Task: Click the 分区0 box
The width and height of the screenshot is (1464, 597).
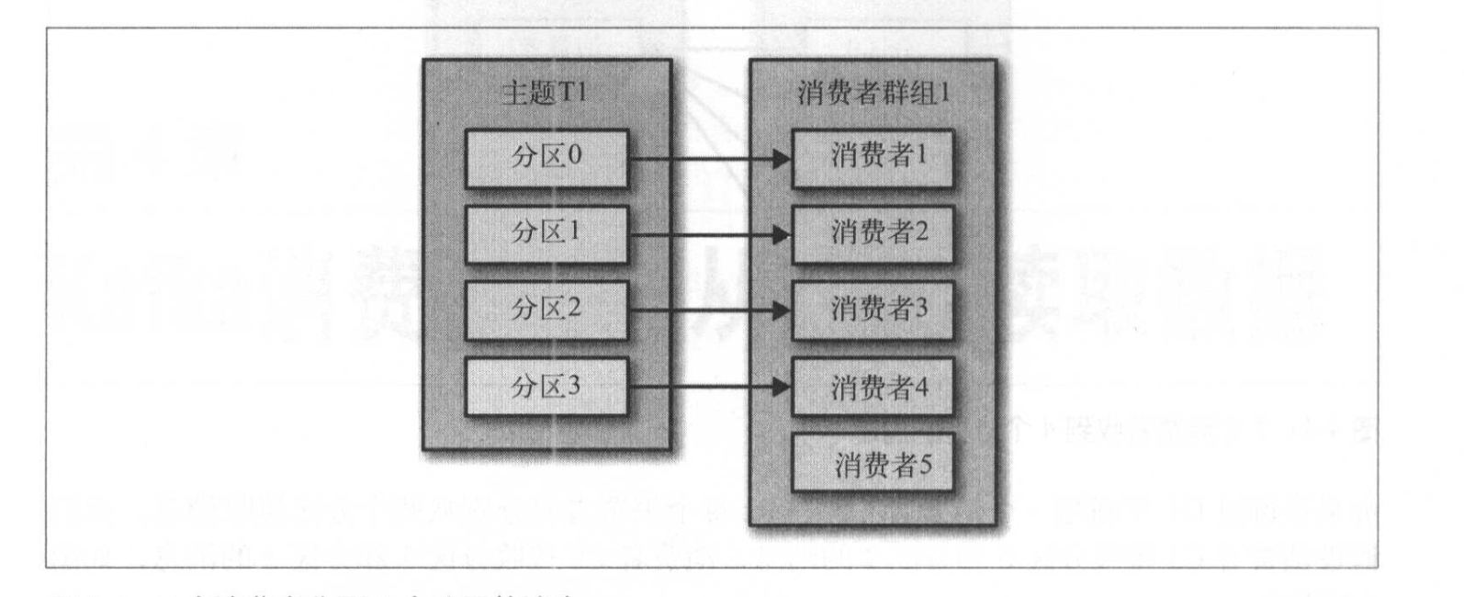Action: point(546,158)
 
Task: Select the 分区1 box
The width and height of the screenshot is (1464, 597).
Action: point(546,234)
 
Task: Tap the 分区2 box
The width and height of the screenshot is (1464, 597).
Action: point(546,310)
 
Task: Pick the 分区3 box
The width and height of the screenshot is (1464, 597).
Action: point(546,387)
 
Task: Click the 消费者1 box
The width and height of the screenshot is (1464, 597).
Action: point(873,158)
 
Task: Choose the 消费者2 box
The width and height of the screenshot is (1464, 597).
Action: point(873,234)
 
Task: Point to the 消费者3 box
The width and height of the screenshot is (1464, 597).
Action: point(873,310)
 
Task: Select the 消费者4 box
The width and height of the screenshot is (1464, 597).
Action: point(873,387)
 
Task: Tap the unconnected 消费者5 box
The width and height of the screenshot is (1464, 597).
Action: point(873,464)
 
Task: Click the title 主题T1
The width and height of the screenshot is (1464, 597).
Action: point(545,94)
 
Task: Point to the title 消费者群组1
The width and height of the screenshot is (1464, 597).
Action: point(873,94)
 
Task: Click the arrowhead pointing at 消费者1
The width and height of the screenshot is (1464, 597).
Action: point(781,159)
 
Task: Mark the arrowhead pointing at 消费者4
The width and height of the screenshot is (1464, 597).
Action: point(781,388)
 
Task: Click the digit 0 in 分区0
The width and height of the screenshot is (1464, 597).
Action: point(574,155)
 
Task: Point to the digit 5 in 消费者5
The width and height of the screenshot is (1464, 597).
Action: point(923,464)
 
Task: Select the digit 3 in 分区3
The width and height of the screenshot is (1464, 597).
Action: point(574,385)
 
